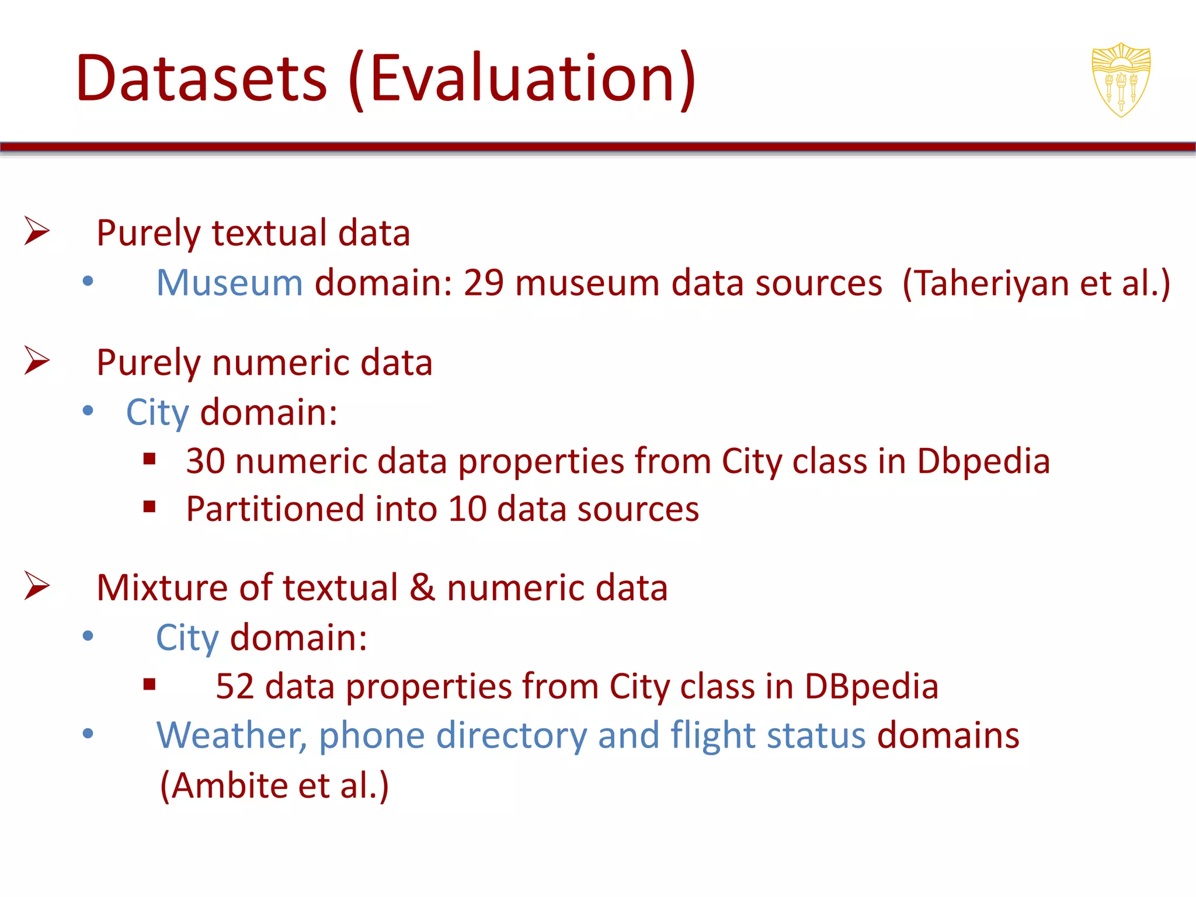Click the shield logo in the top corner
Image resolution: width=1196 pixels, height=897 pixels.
pyautogui.click(x=1121, y=80)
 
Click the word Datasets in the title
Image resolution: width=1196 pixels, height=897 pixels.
pyautogui.click(x=201, y=78)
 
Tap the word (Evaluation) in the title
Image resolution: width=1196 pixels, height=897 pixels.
pyautogui.click(x=521, y=78)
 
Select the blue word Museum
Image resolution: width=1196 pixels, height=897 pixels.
pyautogui.click(x=230, y=283)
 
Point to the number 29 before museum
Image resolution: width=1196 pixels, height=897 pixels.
pyautogui.click(x=484, y=283)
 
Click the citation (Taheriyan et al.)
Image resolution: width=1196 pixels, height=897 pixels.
pyautogui.click(x=1036, y=283)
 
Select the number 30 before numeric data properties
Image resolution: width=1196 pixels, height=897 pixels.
pyautogui.click(x=206, y=461)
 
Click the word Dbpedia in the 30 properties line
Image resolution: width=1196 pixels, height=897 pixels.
pyautogui.click(x=983, y=461)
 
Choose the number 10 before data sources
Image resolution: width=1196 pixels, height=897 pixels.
pyautogui.click(x=467, y=509)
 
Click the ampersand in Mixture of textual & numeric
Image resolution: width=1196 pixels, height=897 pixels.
pyautogui.click(x=422, y=587)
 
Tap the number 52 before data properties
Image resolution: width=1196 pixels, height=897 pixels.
pyautogui.click(x=235, y=686)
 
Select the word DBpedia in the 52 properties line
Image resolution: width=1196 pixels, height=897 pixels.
pyautogui.click(x=871, y=686)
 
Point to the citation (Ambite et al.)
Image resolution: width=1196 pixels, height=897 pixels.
pyautogui.click(x=274, y=785)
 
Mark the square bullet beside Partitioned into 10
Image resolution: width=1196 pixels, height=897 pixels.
pyautogui.click(x=149, y=507)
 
